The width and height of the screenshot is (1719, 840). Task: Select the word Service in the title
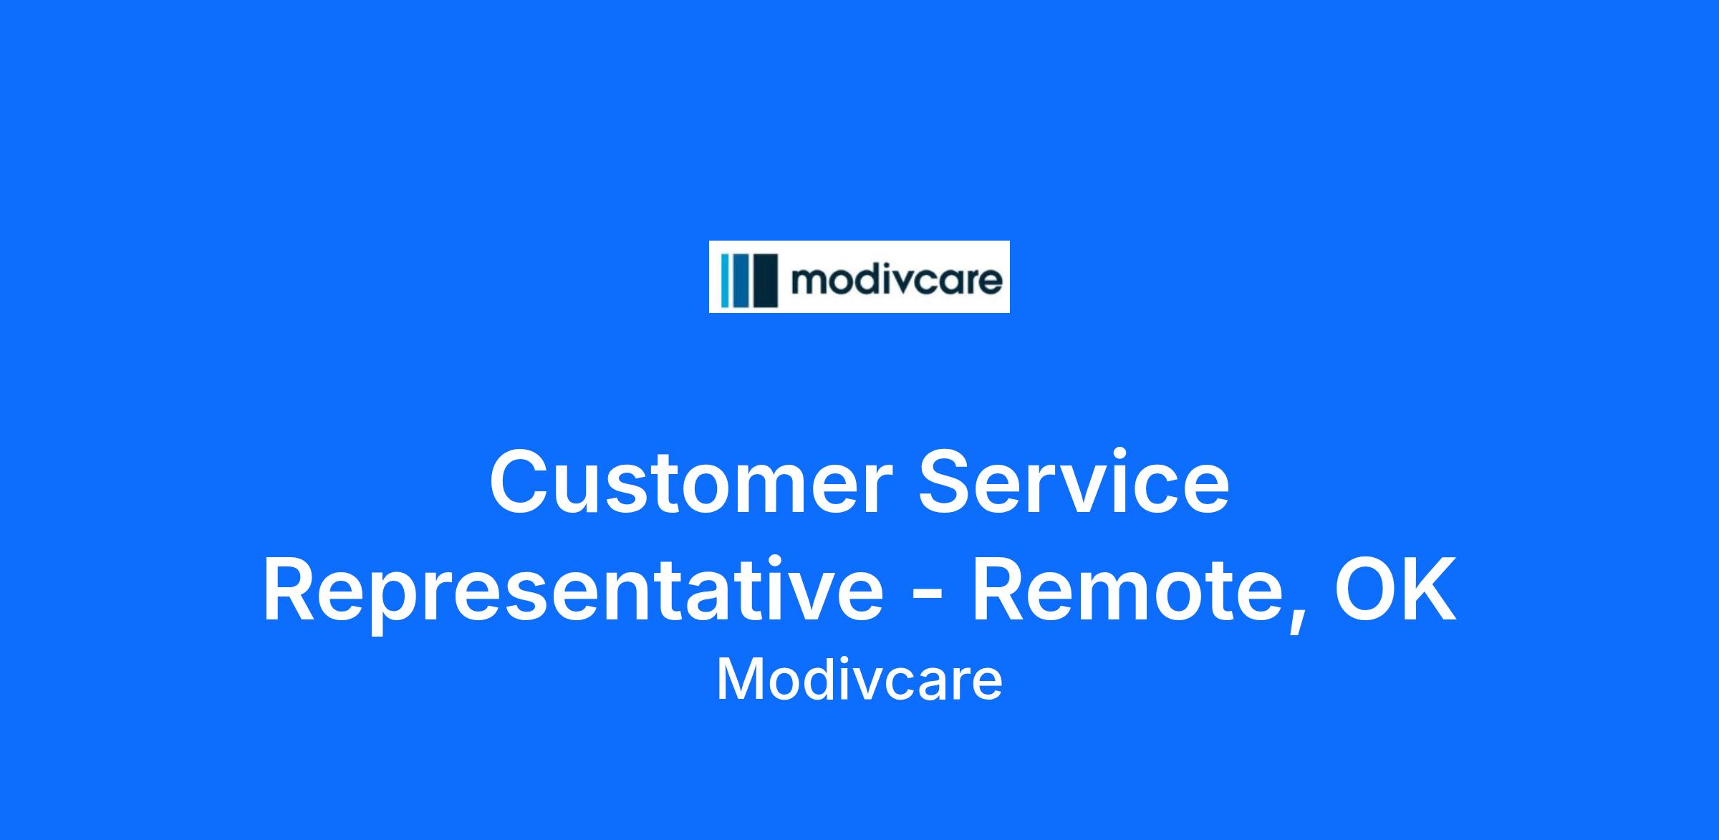pos(1075,481)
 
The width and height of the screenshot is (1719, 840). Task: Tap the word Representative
pos(573,593)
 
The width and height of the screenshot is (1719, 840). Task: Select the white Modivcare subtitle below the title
pos(860,680)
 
